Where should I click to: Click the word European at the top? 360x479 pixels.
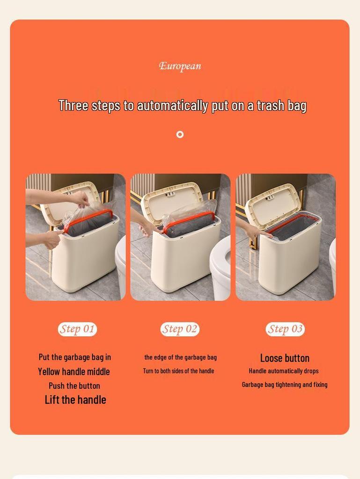180,66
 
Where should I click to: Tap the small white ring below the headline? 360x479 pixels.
180,135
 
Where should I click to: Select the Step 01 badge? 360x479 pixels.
77,329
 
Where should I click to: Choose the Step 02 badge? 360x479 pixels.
180,329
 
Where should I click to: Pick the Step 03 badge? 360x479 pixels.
285,329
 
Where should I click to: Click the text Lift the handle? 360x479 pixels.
75,400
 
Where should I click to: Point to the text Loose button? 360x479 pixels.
285,358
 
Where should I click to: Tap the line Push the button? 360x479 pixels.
74,386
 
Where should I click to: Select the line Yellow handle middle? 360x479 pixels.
74,372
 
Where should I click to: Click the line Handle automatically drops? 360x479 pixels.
284,371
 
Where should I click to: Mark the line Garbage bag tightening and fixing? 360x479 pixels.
285,385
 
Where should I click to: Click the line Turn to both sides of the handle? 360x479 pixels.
178,371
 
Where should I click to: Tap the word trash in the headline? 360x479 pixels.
270,106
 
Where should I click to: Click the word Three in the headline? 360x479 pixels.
73,106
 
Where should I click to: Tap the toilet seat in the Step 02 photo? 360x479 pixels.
221,262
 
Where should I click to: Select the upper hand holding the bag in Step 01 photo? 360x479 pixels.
80,199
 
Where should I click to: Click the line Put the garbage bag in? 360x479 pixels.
75,357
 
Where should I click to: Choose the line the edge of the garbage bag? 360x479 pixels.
180,357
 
